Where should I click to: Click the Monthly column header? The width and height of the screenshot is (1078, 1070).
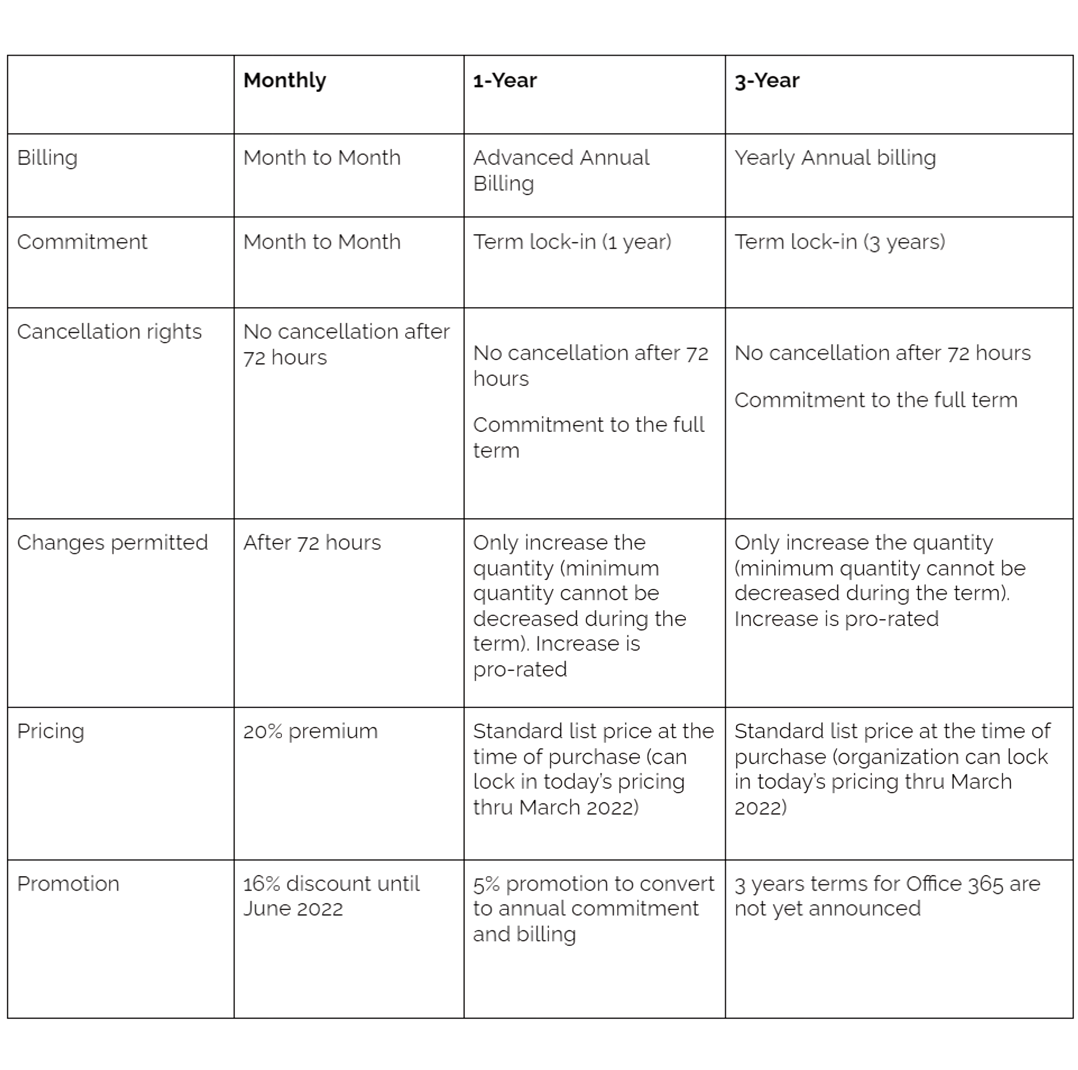coord(285,80)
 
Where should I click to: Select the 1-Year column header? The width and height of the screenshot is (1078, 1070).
coord(504,81)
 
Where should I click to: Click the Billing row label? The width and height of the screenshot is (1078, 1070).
coord(48,158)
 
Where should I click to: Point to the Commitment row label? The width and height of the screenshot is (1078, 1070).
coord(82,242)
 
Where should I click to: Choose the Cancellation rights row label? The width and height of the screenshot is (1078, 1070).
coord(109,332)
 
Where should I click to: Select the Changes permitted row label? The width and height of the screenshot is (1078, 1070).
coord(112,543)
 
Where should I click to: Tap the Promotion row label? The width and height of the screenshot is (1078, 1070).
coord(68,883)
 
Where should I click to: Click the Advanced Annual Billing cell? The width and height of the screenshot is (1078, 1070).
coord(561,170)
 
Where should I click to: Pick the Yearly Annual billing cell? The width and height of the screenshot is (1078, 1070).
coord(835,158)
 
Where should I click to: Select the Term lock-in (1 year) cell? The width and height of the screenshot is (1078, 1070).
coord(572,242)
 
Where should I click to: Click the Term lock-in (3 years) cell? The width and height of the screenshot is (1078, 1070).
coord(839,242)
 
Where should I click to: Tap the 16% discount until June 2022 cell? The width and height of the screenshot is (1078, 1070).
coord(331,896)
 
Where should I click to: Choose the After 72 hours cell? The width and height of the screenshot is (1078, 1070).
coord(312,543)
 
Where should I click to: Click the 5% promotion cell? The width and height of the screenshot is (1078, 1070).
coord(593,909)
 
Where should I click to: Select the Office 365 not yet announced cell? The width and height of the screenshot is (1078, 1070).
coord(887,896)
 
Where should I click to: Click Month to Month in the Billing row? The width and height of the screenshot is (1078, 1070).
coord(322,158)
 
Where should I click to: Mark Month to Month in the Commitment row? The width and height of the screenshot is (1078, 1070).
coord(322,242)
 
